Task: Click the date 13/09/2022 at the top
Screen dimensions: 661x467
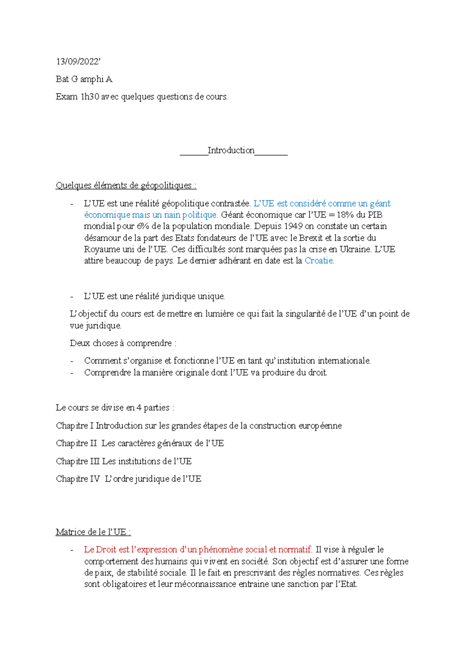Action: [78, 62]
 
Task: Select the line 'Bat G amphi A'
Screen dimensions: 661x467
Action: [84, 79]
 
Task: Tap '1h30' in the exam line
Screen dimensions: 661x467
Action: [90, 97]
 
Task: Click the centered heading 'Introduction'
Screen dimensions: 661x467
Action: [231, 151]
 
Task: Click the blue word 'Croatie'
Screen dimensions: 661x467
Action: [319, 261]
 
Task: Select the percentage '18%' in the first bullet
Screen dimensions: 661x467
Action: [345, 215]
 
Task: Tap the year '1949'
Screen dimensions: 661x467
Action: [293, 226]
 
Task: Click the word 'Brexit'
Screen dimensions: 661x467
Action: [311, 238]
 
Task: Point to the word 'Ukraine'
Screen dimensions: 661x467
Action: [355, 250]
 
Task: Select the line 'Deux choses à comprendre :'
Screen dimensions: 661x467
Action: [123, 343]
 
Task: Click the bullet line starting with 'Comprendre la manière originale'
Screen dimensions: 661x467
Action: [205, 373]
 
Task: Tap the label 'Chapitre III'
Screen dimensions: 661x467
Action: [78, 461]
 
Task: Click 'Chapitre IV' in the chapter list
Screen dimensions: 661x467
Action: [78, 479]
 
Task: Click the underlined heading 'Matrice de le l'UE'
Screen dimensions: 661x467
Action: [93, 532]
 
